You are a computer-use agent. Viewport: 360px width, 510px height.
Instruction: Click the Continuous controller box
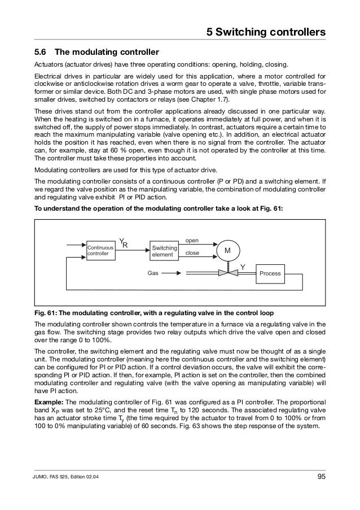pos(100,251)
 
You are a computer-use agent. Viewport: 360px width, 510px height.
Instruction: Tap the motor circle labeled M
pos(228,250)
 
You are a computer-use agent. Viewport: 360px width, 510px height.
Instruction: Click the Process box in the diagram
pos(270,273)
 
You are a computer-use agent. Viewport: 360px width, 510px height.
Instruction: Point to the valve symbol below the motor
pos(228,273)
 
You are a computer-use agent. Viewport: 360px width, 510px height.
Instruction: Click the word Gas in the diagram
pos(152,273)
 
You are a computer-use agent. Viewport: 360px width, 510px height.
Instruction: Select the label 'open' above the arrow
pos(192,240)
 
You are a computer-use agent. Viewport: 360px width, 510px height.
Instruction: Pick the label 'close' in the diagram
pos(192,254)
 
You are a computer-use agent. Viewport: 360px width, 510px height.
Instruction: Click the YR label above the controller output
pos(124,242)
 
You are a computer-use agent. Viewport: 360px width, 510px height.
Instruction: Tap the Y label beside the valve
pos(243,265)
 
